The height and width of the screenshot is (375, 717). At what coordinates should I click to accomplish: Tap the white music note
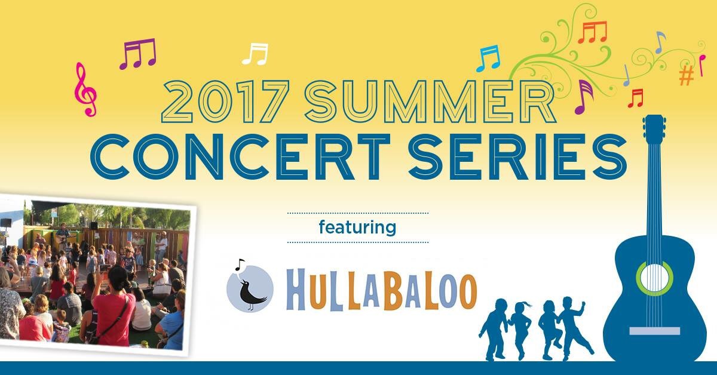click(255, 54)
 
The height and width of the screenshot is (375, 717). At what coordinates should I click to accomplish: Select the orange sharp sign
click(687, 76)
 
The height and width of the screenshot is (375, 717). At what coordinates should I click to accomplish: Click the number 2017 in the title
click(226, 102)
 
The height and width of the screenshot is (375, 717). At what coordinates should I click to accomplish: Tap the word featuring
click(357, 228)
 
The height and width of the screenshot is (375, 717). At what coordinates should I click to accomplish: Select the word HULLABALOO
click(382, 290)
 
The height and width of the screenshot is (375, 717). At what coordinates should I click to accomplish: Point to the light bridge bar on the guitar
click(655, 331)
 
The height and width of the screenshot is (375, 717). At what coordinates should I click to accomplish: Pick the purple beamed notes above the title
click(137, 53)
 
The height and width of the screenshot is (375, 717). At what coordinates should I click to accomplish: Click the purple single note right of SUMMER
click(584, 97)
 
